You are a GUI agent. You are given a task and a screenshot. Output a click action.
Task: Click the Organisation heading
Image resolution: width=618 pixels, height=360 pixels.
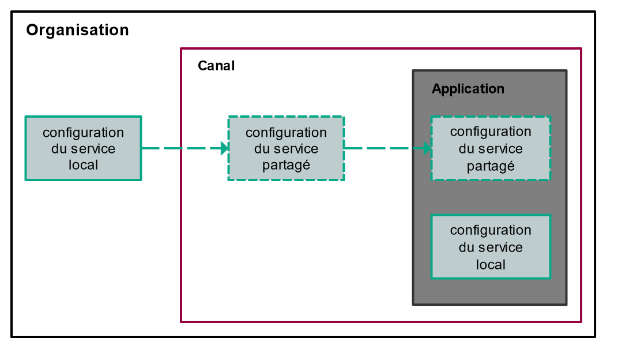[77, 30]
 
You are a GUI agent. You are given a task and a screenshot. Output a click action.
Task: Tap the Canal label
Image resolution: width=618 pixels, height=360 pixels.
[216, 66]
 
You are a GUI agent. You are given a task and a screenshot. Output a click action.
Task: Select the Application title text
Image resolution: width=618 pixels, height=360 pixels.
[468, 89]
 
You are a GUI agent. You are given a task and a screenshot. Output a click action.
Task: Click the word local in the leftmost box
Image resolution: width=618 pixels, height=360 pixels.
[83, 165]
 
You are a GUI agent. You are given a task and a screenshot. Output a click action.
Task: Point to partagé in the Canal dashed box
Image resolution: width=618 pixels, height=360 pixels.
[286, 165]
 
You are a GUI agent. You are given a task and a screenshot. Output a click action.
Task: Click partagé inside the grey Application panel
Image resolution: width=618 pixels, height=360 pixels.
[491, 166]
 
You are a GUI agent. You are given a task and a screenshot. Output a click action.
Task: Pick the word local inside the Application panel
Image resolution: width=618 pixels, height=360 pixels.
[491, 265]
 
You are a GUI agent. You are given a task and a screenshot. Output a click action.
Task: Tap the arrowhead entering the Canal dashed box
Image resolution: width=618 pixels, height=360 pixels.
[224, 149]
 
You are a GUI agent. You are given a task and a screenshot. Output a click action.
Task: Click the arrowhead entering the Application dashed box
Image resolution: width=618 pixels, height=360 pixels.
[427, 149]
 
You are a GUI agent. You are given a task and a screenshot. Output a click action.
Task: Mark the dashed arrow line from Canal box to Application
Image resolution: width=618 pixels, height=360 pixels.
[380, 149]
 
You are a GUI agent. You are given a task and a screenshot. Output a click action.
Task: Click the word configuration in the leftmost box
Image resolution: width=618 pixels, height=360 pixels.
[83, 133]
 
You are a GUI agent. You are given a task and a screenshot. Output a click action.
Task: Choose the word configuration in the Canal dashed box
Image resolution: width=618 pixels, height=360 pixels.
[286, 133]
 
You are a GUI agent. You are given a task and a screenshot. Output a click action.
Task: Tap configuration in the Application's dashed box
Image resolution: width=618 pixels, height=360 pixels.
[491, 132]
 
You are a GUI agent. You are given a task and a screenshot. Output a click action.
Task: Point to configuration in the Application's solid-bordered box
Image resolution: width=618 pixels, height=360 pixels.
[491, 230]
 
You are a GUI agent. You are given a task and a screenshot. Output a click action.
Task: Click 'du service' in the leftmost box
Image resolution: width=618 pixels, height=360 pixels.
[83, 149]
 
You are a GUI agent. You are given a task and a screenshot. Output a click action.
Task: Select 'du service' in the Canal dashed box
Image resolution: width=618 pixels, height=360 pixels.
[286, 149]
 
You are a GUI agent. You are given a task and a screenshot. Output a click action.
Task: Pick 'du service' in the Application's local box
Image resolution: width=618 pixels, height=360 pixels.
[491, 247]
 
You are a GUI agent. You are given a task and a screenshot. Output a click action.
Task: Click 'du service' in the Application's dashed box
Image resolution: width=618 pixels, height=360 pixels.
[491, 149]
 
